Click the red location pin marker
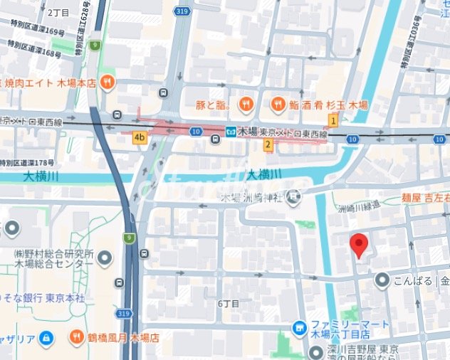pyautogui.click(x=360, y=245)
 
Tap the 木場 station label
pyautogui.click(x=247, y=132)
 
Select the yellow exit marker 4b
pyautogui.click(x=139, y=137)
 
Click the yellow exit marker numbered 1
pyautogui.click(x=333, y=121)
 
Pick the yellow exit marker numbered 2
pyautogui.click(x=268, y=145)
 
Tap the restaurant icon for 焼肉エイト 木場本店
pyautogui.click(x=108, y=82)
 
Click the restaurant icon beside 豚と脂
pyautogui.click(x=245, y=105)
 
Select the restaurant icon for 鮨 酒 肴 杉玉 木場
pyautogui.click(x=278, y=105)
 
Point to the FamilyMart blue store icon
pyautogui.click(x=300, y=328)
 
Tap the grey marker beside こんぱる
pyautogui.click(x=382, y=280)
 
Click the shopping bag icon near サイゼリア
pyautogui.click(x=46, y=337)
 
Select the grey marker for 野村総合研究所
pyautogui.click(x=105, y=257)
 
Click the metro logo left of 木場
pyautogui.click(x=231, y=132)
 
